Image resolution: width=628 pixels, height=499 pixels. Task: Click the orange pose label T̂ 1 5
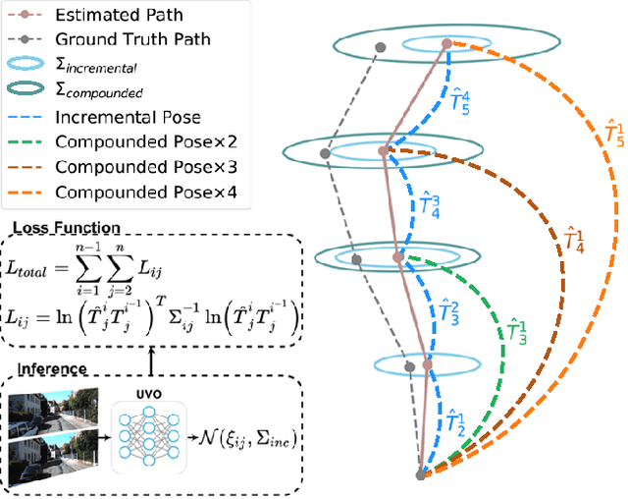[588, 135]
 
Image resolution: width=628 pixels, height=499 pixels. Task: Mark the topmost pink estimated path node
[446, 44]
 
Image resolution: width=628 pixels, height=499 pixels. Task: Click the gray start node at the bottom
[421, 474]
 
